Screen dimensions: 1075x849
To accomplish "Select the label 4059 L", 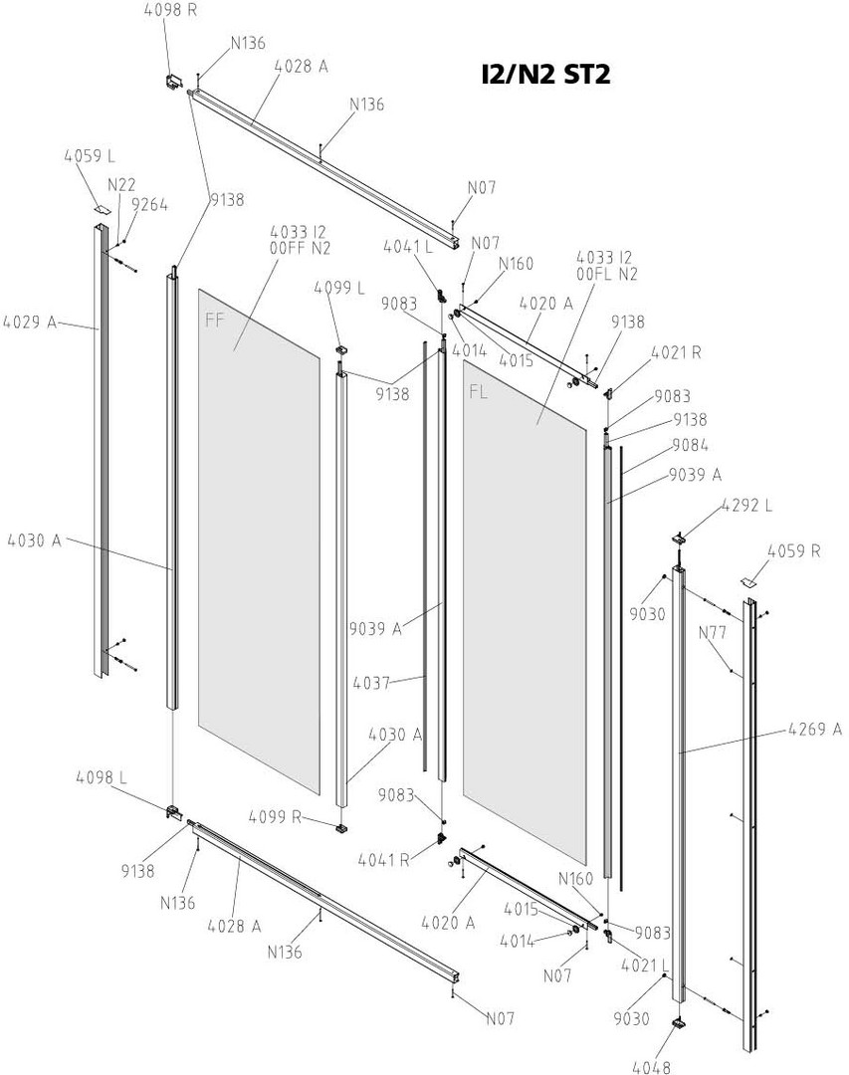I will [x=90, y=156].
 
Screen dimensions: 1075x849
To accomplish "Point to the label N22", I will [x=121, y=183].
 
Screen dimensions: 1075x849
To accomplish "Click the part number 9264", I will [x=149, y=205].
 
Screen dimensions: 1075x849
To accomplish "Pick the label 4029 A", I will [x=31, y=322].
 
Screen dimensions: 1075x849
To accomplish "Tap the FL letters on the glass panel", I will [x=478, y=391].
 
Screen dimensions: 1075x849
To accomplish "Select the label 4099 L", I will [x=339, y=288].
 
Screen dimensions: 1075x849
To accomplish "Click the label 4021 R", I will [x=676, y=352].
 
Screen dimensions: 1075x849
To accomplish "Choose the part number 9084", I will [x=691, y=444].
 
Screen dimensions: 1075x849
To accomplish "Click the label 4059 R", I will [x=793, y=549].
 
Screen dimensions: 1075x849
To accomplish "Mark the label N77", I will [x=713, y=632].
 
